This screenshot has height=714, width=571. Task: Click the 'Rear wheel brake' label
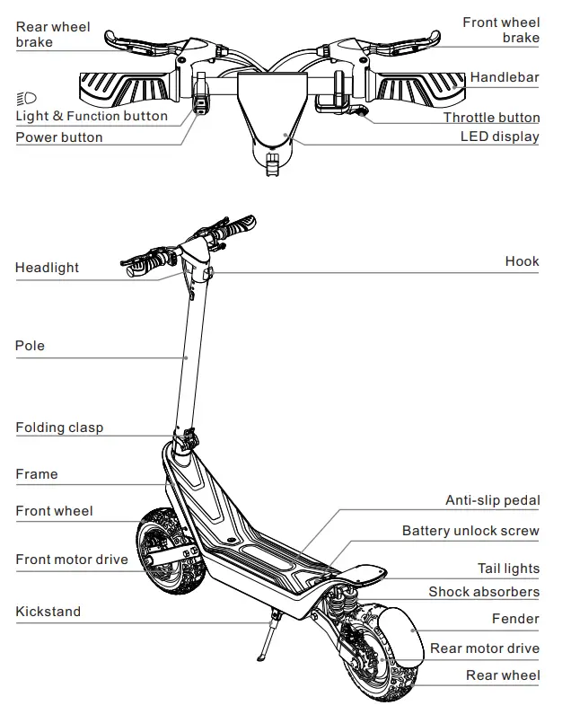(52, 34)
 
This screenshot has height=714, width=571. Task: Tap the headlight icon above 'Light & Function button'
(26, 98)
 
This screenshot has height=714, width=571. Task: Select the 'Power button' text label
(59, 137)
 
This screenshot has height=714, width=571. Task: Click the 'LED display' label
(499, 137)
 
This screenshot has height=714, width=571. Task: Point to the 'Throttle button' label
(491, 118)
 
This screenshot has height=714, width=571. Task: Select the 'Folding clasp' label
(59, 428)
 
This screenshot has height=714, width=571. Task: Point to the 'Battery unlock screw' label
(470, 531)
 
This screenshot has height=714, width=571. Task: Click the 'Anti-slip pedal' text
(492, 500)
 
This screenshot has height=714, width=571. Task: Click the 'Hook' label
(522, 261)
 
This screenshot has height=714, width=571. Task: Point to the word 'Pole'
(30, 346)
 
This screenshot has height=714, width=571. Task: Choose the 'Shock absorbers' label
(483, 592)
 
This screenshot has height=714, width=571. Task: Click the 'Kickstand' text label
(48, 612)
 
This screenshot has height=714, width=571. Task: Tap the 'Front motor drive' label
(72, 560)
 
